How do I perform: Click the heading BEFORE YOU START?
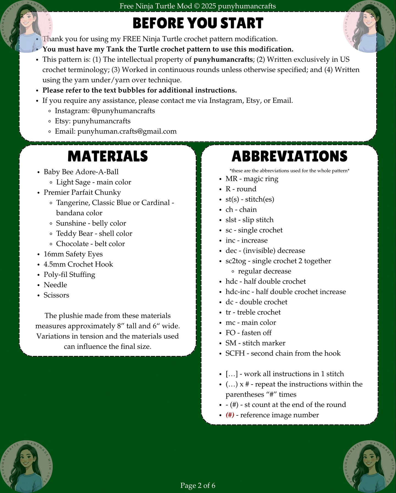click(x=198, y=23)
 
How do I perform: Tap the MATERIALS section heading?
click(x=108, y=156)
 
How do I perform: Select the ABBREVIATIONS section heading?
click(x=289, y=156)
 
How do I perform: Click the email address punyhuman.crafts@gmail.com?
click(x=127, y=131)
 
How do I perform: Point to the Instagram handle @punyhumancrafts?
click(x=123, y=111)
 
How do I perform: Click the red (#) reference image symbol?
click(x=230, y=415)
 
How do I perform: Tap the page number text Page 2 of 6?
click(x=198, y=485)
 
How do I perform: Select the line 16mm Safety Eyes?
click(x=73, y=254)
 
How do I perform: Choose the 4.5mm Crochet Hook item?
click(x=78, y=264)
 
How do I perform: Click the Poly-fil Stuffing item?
click(x=69, y=275)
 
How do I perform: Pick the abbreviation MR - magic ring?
click(x=252, y=179)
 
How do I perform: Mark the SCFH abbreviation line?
click(x=283, y=353)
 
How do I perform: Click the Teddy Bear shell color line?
click(x=94, y=234)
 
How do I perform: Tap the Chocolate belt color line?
click(x=90, y=244)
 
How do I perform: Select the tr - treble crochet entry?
click(x=253, y=312)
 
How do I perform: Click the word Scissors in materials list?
click(x=56, y=295)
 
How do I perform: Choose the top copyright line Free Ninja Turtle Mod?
click(x=198, y=6)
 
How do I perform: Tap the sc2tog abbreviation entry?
click(x=278, y=261)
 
